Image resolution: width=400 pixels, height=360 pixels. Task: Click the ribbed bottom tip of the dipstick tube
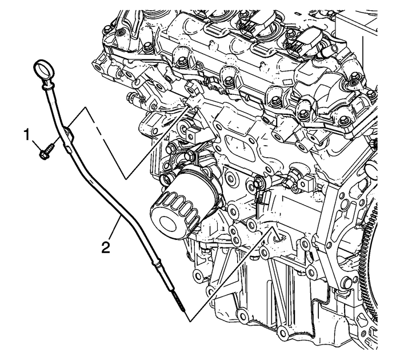181,303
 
